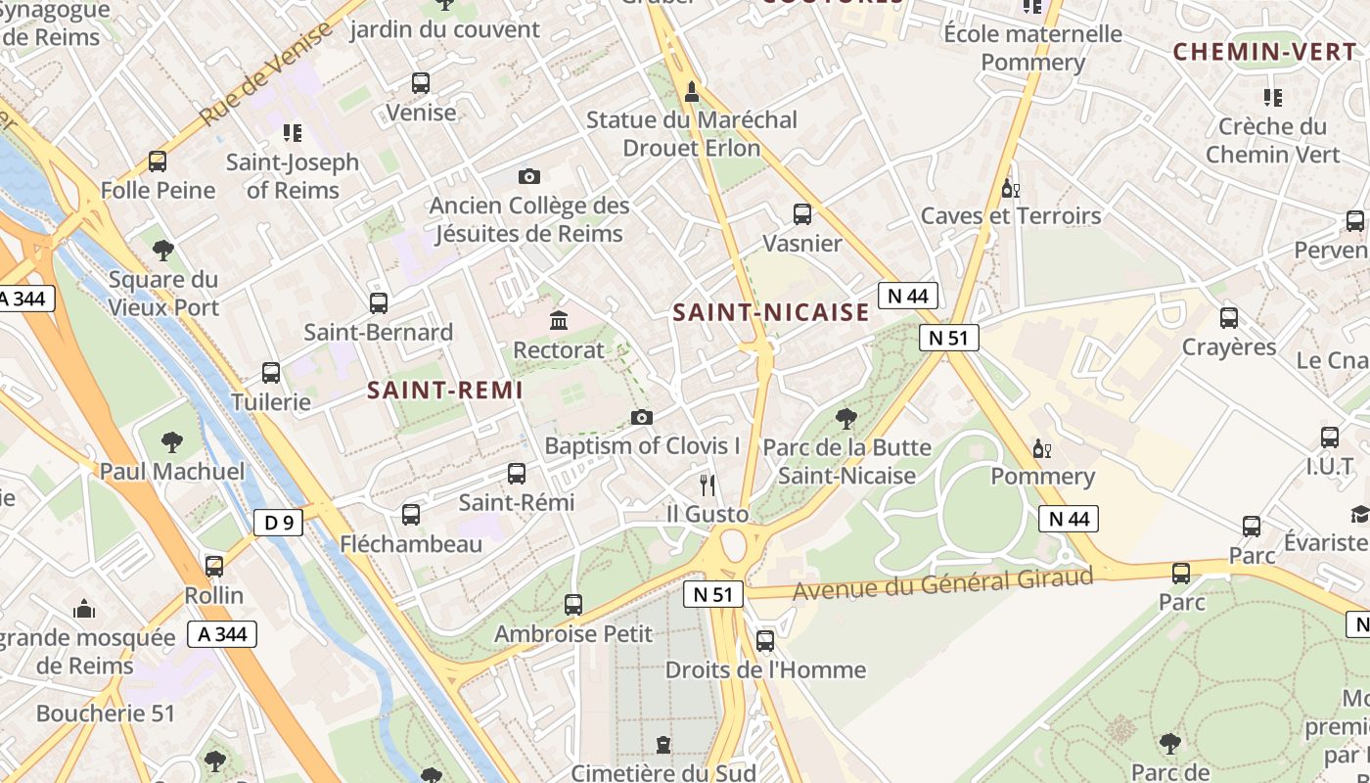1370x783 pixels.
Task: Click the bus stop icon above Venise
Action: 421,83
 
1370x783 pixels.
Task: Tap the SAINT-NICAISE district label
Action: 771,312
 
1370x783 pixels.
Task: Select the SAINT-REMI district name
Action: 445,390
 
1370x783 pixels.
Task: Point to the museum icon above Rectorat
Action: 559,320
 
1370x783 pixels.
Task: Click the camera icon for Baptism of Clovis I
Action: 642,418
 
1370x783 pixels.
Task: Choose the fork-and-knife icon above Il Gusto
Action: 708,484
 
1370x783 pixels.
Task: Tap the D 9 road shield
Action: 279,523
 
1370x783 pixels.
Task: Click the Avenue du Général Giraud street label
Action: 942,584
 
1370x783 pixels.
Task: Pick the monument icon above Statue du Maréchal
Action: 692,92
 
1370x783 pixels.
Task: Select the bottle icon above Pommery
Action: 1042,449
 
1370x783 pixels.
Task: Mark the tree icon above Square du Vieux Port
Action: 163,251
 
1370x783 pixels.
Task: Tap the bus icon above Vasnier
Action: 802,214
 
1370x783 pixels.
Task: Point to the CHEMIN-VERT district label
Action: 1265,52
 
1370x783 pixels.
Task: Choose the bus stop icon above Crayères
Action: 1229,318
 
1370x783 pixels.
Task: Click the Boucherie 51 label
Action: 105,714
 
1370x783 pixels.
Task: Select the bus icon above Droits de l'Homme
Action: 765,641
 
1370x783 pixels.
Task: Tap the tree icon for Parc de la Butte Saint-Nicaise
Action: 846,419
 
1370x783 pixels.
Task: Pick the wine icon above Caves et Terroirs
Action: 1010,187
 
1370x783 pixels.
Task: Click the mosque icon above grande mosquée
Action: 84,609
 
